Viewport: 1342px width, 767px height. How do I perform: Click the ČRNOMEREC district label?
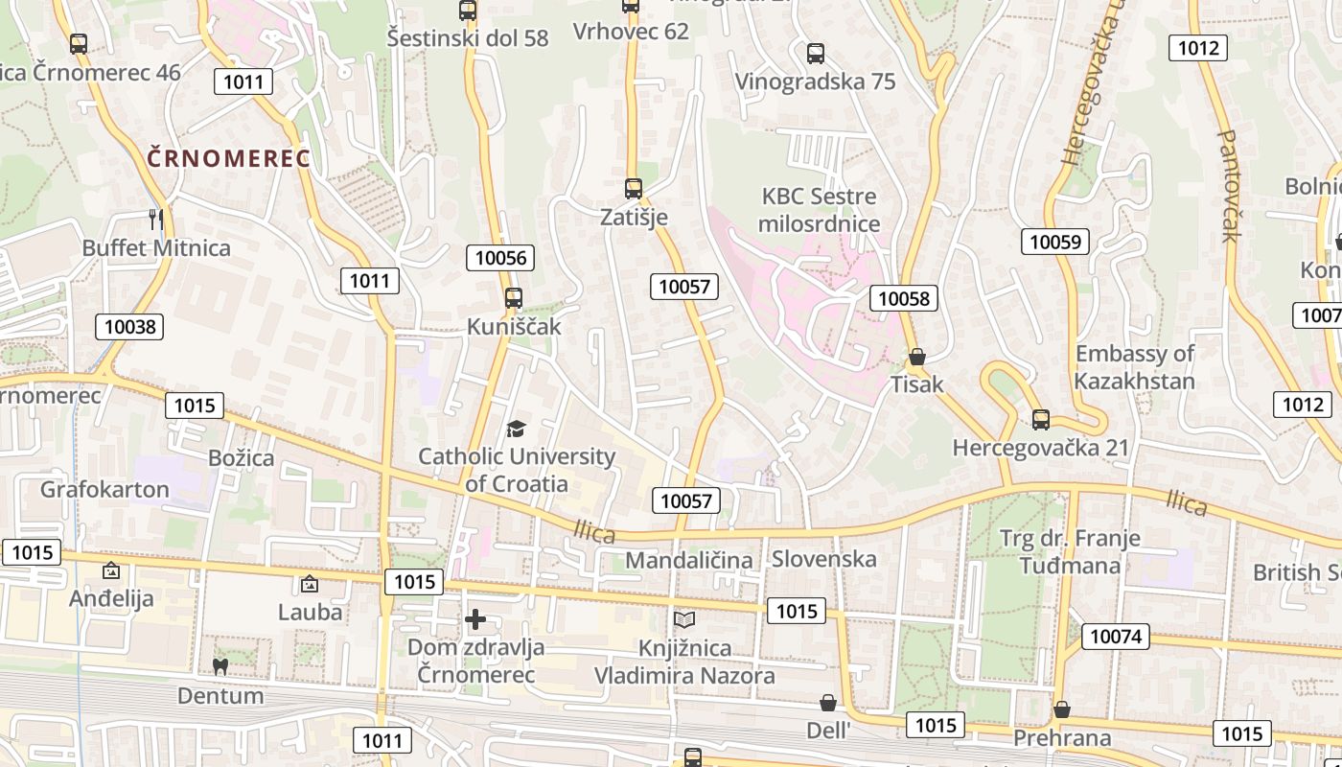(x=229, y=158)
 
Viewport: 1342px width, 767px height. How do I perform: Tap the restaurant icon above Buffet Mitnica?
(x=156, y=220)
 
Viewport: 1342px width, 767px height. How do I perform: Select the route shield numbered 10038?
(x=129, y=327)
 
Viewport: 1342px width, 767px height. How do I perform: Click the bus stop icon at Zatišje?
(x=633, y=188)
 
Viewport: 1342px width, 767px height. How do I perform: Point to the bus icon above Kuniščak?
(x=514, y=297)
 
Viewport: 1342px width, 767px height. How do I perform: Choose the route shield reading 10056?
(x=500, y=257)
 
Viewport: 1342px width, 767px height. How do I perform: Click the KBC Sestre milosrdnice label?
(x=819, y=210)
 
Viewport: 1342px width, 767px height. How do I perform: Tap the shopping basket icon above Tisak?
(x=917, y=357)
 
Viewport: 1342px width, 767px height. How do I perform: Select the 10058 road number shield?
(x=904, y=298)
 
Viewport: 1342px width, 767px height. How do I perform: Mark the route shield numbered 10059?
(x=1055, y=242)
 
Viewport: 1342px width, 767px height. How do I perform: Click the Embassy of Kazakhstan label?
(x=1134, y=366)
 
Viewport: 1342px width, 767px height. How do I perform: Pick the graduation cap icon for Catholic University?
(x=517, y=429)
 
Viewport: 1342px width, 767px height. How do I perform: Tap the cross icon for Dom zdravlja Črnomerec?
(x=475, y=619)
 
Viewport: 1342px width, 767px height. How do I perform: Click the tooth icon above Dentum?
(x=220, y=666)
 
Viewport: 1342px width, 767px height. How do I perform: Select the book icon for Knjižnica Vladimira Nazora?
(x=684, y=620)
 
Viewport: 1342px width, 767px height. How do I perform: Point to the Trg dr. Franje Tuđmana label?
(x=1070, y=550)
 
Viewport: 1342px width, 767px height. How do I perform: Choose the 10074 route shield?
(x=1116, y=636)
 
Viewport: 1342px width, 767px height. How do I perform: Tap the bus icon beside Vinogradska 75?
(x=816, y=53)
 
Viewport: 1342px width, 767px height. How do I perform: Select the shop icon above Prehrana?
(x=1062, y=709)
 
